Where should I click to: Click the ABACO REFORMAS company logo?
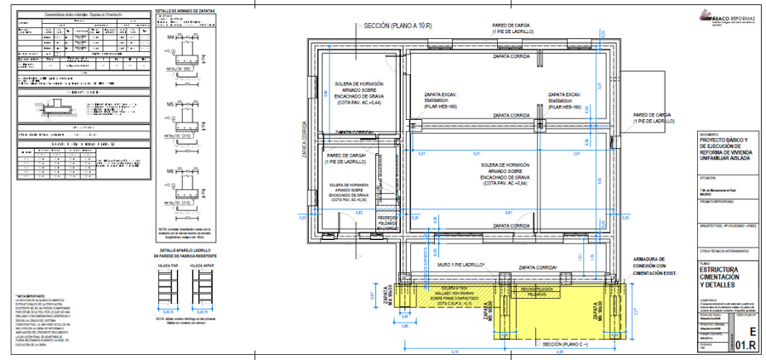coord(723,15)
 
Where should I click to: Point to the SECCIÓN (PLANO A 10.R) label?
coord(402,27)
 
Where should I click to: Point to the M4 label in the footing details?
coord(170,38)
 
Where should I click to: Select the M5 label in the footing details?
coord(170,104)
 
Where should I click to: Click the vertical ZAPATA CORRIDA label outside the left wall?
coord(303,139)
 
